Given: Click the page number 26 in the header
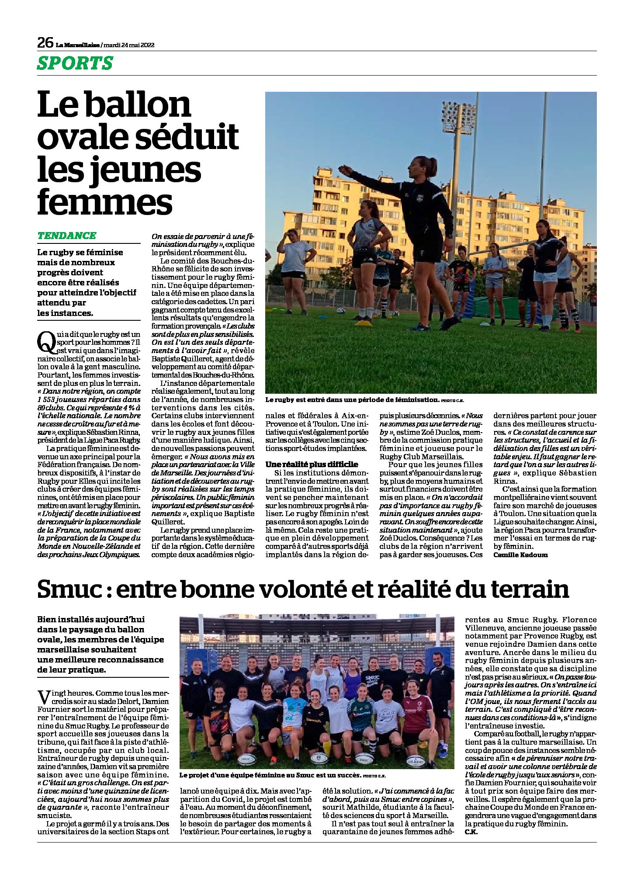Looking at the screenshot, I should point(45,43).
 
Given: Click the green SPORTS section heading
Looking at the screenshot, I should point(75,63).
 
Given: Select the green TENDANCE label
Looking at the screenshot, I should point(66,236).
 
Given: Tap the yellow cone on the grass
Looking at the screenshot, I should point(363,323).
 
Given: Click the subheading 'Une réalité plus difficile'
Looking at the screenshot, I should point(312,464).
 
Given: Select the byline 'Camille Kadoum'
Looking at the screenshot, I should point(520,555).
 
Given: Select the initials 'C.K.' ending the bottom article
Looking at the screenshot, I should point(471,832).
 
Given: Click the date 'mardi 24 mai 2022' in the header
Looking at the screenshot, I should point(128,45).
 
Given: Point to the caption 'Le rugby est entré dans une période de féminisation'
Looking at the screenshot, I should point(351,399).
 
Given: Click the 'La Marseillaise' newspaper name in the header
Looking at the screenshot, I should point(77,45).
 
